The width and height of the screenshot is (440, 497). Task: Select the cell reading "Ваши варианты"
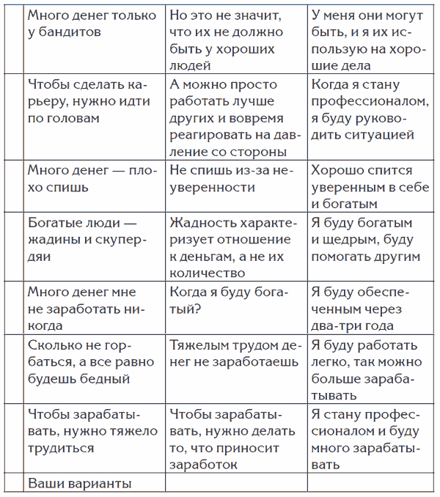79,483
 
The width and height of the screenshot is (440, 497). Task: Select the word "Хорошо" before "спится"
334,170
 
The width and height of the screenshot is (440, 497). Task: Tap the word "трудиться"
61,447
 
